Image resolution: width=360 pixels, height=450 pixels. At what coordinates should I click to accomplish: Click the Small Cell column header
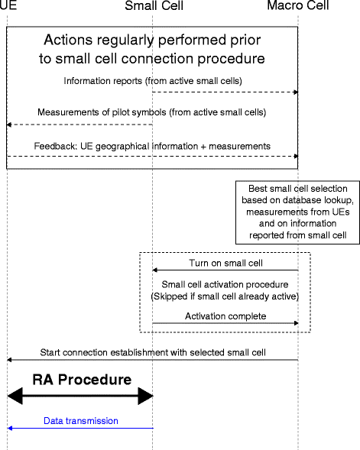pos(152,6)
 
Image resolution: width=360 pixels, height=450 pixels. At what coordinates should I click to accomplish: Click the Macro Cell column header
pos(298,6)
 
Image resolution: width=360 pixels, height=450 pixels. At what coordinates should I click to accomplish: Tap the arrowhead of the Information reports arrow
pos(295,92)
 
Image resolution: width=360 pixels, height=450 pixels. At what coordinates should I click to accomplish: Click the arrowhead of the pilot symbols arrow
pos(10,124)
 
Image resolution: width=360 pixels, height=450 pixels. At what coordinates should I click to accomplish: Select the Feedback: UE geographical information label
pos(152,145)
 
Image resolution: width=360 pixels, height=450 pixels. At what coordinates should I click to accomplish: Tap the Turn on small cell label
pos(225,263)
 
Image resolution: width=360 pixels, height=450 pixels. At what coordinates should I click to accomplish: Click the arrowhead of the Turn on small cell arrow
pos(155,270)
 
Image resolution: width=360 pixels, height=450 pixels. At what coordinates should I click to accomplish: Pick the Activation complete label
pos(224,316)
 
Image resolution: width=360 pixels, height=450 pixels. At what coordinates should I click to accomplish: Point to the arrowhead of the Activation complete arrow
pos(295,323)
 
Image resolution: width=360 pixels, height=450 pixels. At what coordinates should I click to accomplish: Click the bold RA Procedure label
pos(81,379)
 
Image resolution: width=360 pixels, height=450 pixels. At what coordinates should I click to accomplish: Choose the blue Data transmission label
pos(80,420)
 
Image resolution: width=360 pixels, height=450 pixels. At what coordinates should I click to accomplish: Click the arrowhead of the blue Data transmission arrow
pos(10,429)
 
